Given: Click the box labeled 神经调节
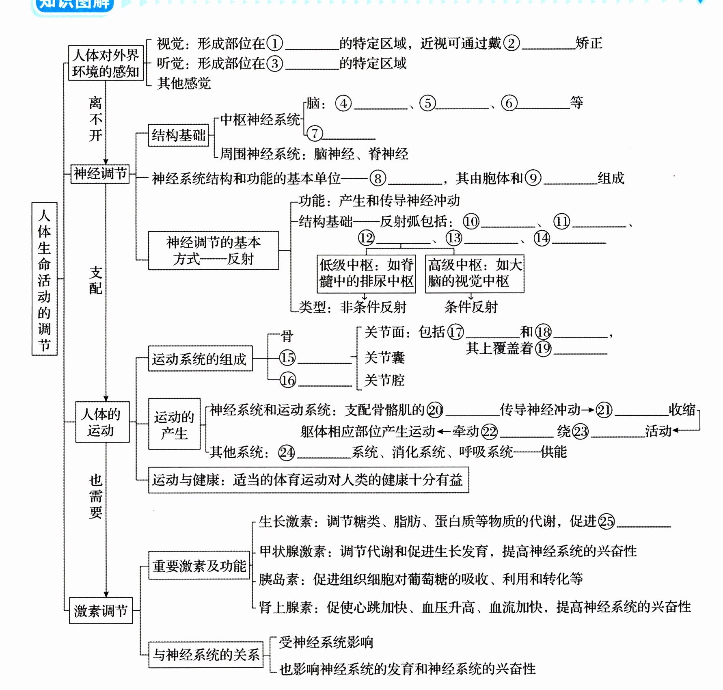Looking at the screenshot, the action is tap(100, 174).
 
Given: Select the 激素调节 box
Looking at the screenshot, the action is tap(101, 610).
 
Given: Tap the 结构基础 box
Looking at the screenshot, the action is tap(178, 135).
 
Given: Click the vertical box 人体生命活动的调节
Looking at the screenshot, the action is tap(44, 279).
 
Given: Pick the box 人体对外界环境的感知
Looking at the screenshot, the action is tap(106, 63).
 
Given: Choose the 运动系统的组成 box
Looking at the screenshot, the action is tap(200, 359).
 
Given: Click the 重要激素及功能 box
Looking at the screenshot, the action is tap(199, 565).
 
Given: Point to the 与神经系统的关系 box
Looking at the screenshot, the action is tap(206, 654).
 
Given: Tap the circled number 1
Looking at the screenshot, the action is tap(275, 43).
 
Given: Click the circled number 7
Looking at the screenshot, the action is tap(315, 133).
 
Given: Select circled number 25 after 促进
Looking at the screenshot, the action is tap(606, 521).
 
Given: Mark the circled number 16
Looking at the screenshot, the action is tap(287, 380).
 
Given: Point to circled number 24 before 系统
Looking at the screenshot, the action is tap(287, 452).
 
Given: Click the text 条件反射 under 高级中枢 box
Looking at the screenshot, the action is tap(471, 307).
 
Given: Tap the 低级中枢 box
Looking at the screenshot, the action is tap(366, 273).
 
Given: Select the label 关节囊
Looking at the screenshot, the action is tap(384, 358).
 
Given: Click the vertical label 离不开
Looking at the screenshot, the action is tap(95, 119).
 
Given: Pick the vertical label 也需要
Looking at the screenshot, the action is tap(96, 496).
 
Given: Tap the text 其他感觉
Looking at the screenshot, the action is tap(184, 83).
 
